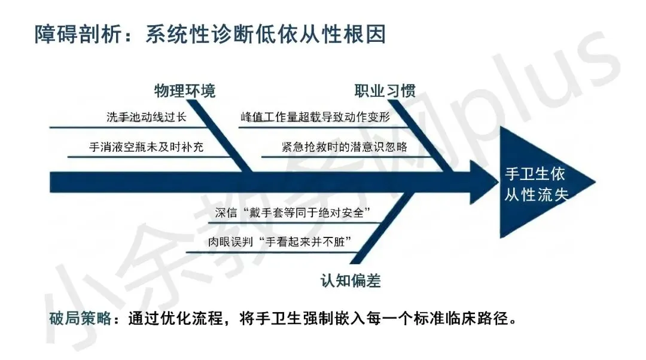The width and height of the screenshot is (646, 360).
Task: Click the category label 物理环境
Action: click(185, 91)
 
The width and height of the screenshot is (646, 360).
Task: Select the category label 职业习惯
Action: click(385, 91)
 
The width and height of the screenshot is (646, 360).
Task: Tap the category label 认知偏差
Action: click(351, 281)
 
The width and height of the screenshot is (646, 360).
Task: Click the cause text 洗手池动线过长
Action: click(147, 117)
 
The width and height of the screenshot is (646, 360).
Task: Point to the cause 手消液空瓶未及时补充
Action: click(147, 147)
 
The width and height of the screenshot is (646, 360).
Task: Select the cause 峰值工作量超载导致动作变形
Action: click(315, 117)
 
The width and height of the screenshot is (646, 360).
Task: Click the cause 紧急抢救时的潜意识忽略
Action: click(345, 147)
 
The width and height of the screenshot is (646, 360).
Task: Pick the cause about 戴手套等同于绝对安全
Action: click(292, 212)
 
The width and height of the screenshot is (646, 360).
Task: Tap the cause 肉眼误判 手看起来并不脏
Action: click(280, 242)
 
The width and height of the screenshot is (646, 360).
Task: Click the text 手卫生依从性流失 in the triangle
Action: click(536, 184)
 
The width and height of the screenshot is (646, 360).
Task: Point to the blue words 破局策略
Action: click(80, 318)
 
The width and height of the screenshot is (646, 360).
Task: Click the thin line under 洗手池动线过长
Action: click(128, 127)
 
